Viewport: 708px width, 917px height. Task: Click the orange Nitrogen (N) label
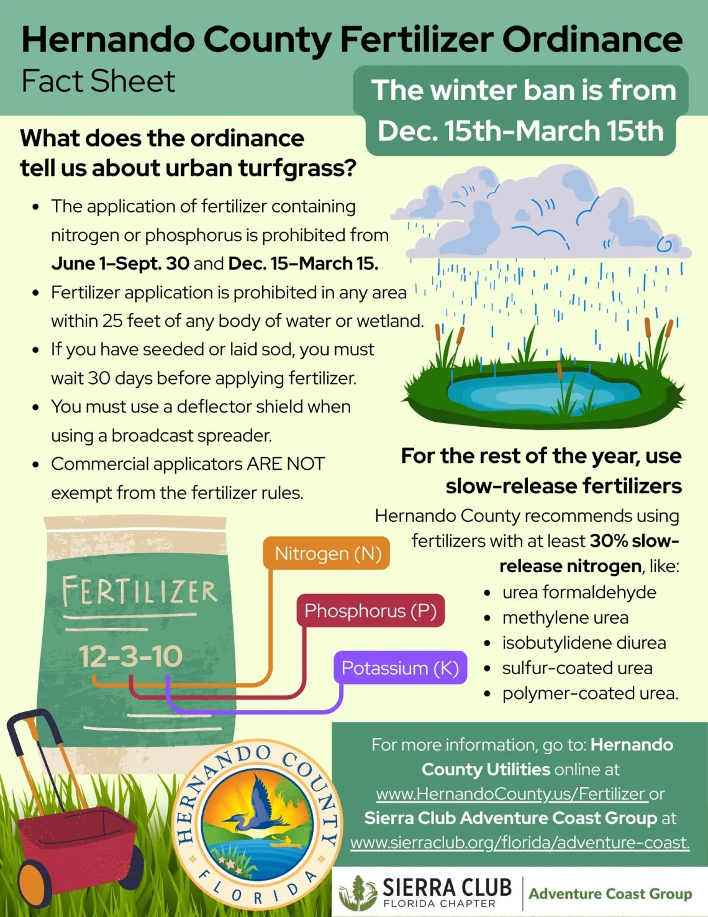(327, 554)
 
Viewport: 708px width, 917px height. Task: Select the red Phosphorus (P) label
(370, 611)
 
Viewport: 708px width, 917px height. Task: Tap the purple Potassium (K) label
(400, 668)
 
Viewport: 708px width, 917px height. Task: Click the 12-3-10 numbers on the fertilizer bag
(130, 657)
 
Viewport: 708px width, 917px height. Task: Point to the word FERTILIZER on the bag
(139, 591)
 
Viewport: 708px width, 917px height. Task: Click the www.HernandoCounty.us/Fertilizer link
(511, 793)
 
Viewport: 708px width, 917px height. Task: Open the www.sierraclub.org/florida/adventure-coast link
(520, 842)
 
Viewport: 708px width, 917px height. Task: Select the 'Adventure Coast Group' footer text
(610, 893)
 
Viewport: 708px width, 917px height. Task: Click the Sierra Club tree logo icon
(358, 893)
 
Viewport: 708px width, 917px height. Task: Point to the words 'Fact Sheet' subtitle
(98, 81)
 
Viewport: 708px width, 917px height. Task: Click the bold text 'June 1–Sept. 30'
(120, 263)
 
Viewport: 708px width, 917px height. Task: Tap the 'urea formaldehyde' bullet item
(579, 592)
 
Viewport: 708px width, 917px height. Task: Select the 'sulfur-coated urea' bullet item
(577, 668)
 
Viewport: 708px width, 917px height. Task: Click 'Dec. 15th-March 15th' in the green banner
(520, 131)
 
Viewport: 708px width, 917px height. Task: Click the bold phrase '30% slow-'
(634, 541)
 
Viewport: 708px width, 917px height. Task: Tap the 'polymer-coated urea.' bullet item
(590, 693)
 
